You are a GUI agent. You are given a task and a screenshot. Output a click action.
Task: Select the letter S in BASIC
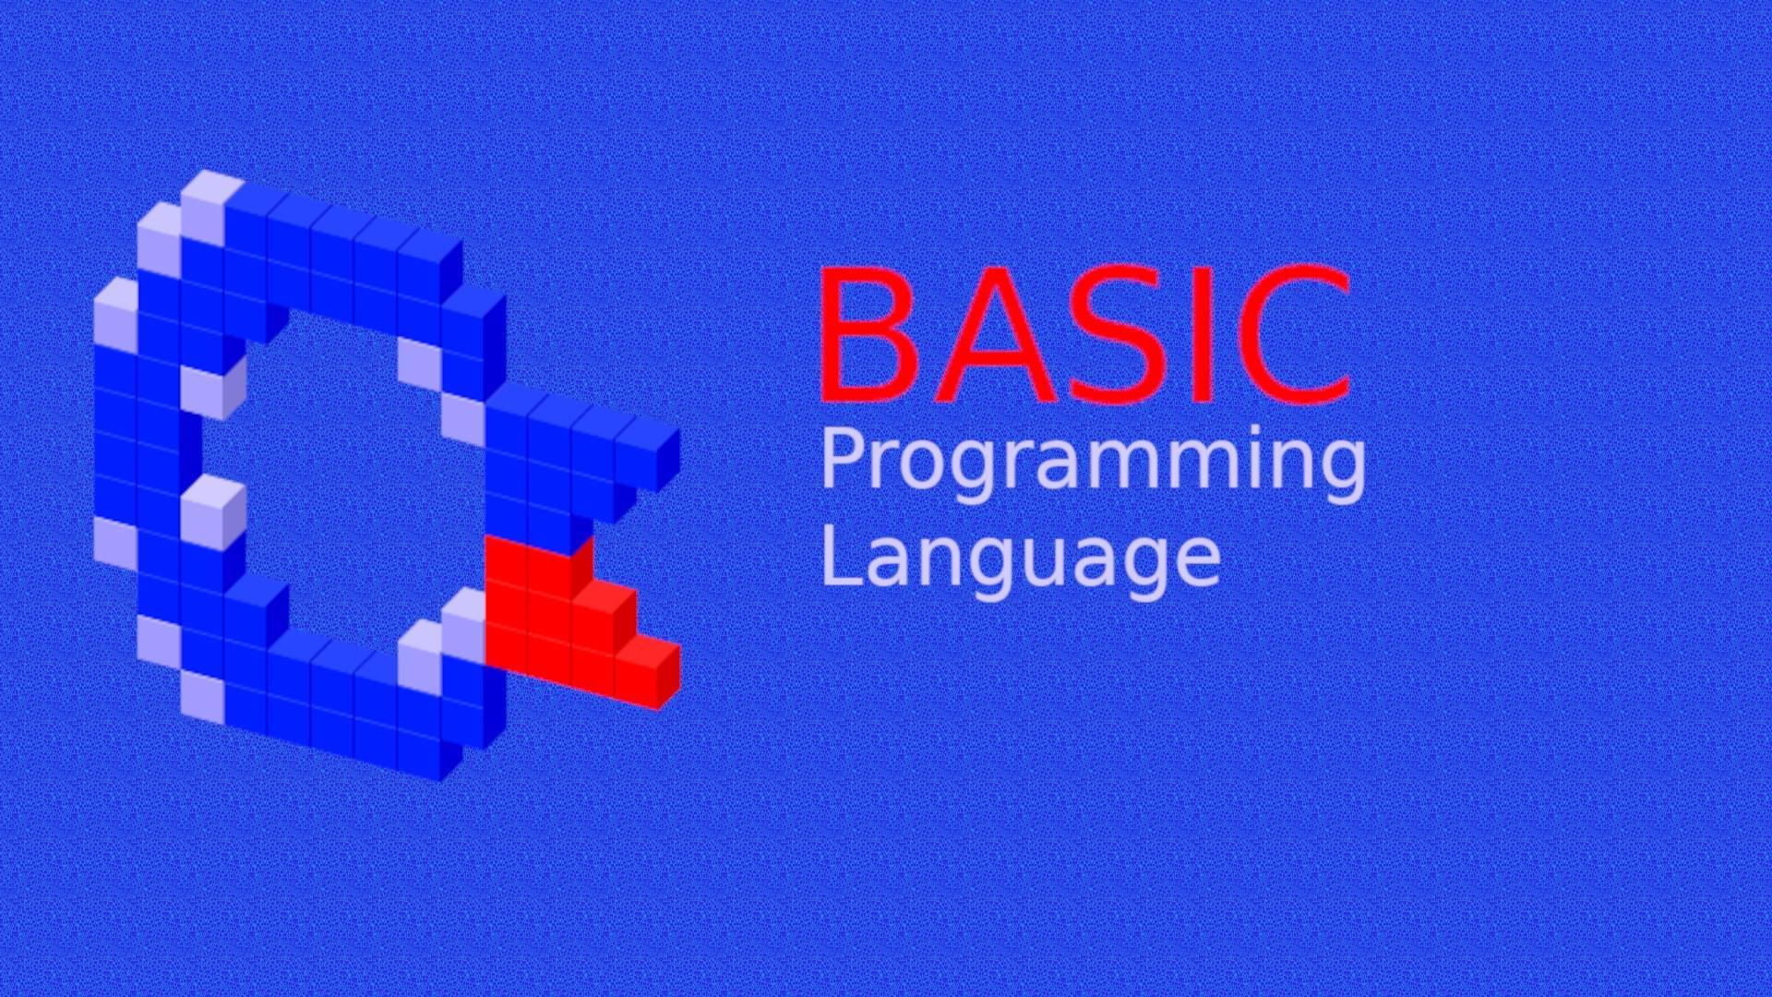(x=1121, y=334)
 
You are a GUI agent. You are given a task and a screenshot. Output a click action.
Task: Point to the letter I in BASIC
(x=1203, y=334)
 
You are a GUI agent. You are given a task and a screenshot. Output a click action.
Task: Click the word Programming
(x=1093, y=464)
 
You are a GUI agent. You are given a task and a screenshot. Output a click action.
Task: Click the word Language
(x=1021, y=559)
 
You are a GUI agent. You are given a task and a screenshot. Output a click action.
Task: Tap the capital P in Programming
(x=844, y=458)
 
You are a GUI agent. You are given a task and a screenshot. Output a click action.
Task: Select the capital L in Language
(x=842, y=554)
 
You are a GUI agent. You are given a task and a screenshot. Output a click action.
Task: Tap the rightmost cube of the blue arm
(x=648, y=454)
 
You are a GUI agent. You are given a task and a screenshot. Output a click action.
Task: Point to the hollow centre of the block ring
(x=341, y=480)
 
